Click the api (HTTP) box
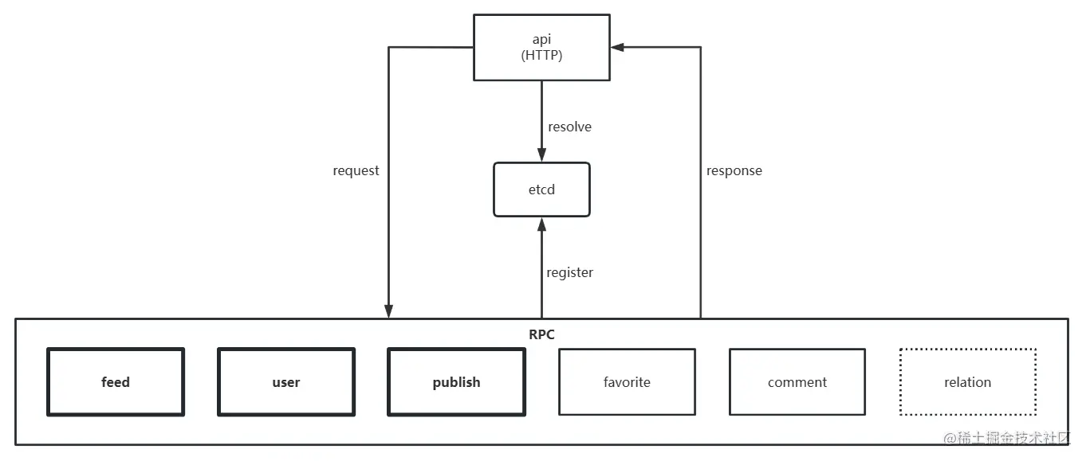[x=541, y=47]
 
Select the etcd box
[x=541, y=189]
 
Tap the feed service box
[x=116, y=382]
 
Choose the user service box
[x=286, y=382]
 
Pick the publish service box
[x=456, y=382]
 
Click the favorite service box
[x=627, y=382]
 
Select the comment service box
[x=797, y=382]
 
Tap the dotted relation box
[x=967, y=382]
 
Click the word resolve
[x=569, y=127]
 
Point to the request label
[x=356, y=170]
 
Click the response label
[x=734, y=170]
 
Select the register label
[x=569, y=272]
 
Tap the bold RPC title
[x=541, y=334]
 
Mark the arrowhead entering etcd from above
[x=541, y=155]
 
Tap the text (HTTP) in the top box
[x=541, y=55]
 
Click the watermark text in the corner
[x=1007, y=439]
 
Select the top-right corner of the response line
[x=701, y=47]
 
